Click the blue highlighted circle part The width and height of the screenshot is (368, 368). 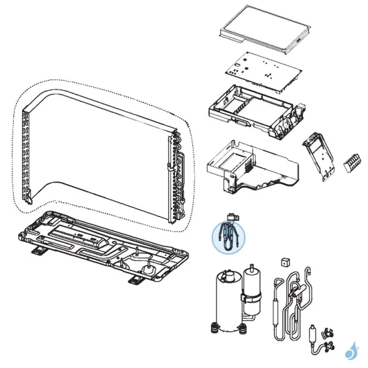pos(228,236)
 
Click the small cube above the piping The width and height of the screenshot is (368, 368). pos(284,263)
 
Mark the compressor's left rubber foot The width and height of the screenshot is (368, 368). pos(214,326)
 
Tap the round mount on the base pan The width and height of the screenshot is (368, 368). pos(148,268)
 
